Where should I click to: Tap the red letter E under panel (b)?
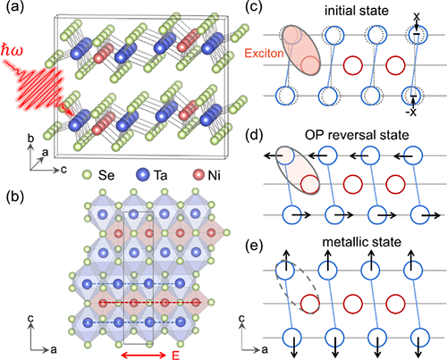(176, 356)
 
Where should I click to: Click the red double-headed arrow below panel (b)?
(143, 355)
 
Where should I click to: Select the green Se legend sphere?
(87, 175)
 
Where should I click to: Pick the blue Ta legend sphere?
(142, 175)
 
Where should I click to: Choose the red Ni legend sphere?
(198, 175)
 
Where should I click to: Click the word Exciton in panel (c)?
(264, 54)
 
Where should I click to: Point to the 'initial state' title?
(357, 11)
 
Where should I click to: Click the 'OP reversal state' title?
(357, 135)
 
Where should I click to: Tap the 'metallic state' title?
(362, 242)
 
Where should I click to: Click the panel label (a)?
(15, 6)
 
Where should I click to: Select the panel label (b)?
(15, 198)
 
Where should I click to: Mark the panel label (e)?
(254, 246)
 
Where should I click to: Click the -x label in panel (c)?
(411, 113)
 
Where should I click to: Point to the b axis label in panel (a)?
(30, 138)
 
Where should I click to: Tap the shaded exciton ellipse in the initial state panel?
(301, 50)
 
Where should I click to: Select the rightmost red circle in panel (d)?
(396, 184)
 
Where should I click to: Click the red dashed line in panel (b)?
(150, 303)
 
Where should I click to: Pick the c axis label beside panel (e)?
(241, 319)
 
